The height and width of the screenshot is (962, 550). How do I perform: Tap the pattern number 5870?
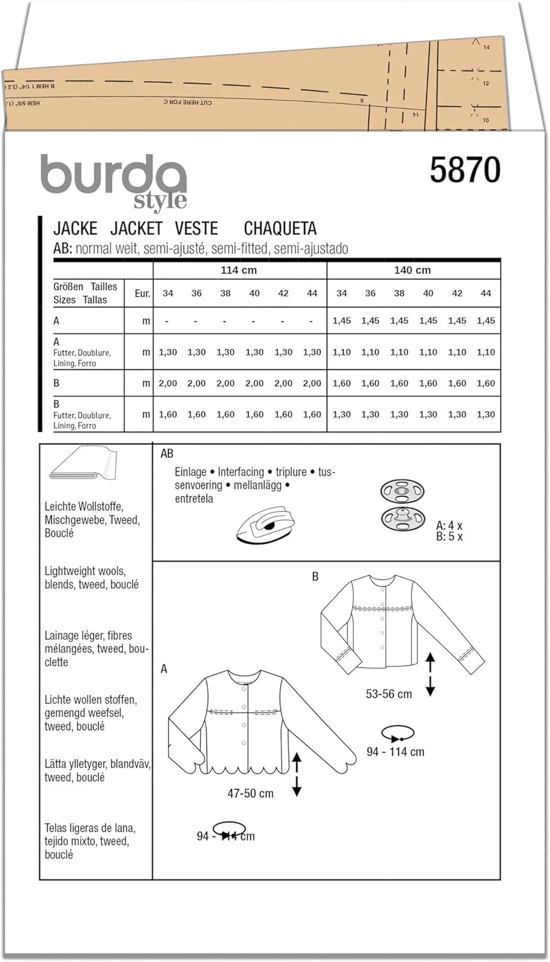click(x=465, y=170)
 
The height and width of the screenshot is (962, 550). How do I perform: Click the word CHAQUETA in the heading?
click(x=280, y=228)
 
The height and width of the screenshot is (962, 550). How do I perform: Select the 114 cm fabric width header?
click(x=238, y=270)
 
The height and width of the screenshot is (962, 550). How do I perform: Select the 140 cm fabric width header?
click(x=412, y=270)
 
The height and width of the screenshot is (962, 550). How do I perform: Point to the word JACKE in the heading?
click(x=75, y=228)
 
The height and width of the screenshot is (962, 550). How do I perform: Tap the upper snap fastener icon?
click(x=402, y=493)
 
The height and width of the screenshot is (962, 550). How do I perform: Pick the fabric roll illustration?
click(x=82, y=465)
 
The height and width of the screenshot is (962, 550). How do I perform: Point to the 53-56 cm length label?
click(x=389, y=694)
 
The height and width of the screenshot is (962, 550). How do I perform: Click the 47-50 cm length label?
click(x=250, y=793)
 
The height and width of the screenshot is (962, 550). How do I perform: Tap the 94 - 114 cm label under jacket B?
click(x=396, y=752)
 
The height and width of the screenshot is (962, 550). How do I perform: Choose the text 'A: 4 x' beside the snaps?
click(x=449, y=526)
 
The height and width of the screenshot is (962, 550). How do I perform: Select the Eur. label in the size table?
click(x=142, y=293)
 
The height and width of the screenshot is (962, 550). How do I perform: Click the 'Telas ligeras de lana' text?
click(x=90, y=828)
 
